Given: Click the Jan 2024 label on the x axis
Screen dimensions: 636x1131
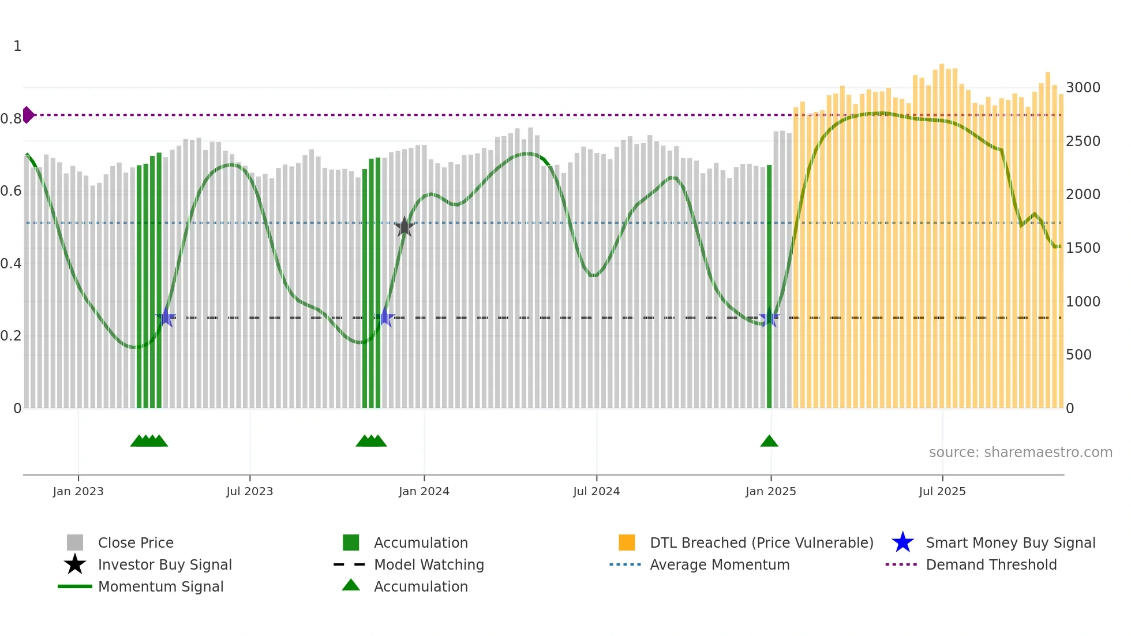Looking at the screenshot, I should [424, 491].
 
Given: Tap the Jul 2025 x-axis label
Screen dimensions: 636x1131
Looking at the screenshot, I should [942, 491].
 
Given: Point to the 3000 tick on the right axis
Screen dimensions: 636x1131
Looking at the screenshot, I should [1083, 88].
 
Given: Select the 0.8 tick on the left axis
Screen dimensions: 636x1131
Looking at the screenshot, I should [11, 119].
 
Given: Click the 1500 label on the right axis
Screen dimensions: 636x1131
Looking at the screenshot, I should [1083, 248].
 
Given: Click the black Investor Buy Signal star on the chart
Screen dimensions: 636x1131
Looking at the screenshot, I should [405, 227].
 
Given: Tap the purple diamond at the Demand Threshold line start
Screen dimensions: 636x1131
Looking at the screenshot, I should [28, 115].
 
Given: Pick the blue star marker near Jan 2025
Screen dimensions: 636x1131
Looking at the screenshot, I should [769, 317].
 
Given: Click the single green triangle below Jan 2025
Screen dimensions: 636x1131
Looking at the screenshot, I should [769, 442].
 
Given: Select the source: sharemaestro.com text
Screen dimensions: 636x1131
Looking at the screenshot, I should [1020, 452].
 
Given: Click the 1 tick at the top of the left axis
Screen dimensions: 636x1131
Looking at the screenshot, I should [17, 46].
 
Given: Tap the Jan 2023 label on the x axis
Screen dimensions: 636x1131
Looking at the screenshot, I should [78, 491].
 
